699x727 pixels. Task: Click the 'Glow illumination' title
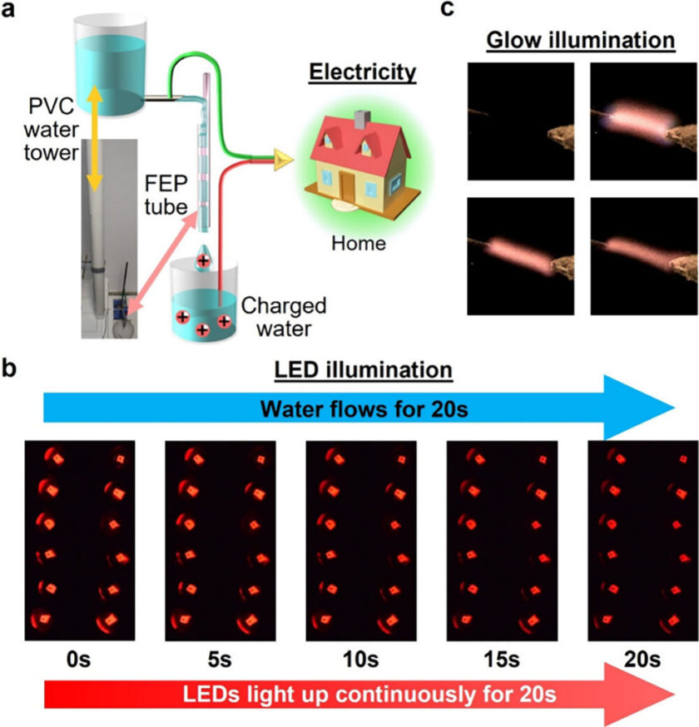click(580, 39)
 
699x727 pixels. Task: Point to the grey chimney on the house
click(361, 118)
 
